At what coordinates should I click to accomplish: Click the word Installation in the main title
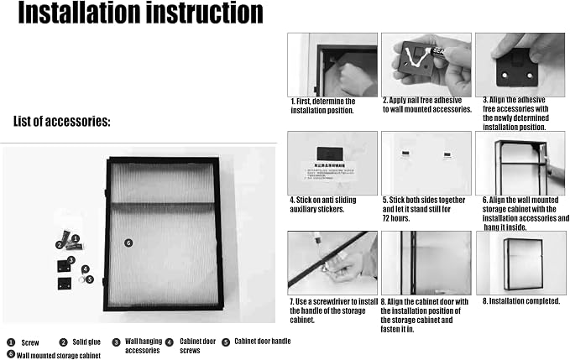(79, 13)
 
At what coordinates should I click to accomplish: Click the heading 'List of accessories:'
(62, 122)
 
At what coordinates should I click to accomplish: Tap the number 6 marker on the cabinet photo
(128, 243)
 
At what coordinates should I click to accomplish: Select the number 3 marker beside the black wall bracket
(71, 260)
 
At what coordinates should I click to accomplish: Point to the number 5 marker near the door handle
(90, 279)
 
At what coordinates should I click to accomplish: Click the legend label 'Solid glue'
(86, 342)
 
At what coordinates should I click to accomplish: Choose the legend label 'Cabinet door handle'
(263, 341)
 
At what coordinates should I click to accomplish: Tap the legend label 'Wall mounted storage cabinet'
(59, 355)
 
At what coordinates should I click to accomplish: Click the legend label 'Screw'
(30, 342)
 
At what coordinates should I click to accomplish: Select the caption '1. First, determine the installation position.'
(323, 106)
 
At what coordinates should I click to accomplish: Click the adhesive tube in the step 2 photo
(438, 52)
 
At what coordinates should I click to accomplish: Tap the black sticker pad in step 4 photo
(330, 154)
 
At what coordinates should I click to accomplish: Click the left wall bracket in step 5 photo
(405, 154)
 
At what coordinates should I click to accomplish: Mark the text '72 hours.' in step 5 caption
(396, 218)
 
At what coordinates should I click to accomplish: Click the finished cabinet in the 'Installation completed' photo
(524, 263)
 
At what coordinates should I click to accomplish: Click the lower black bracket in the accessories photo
(65, 284)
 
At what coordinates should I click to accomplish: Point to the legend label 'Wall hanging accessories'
(144, 346)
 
